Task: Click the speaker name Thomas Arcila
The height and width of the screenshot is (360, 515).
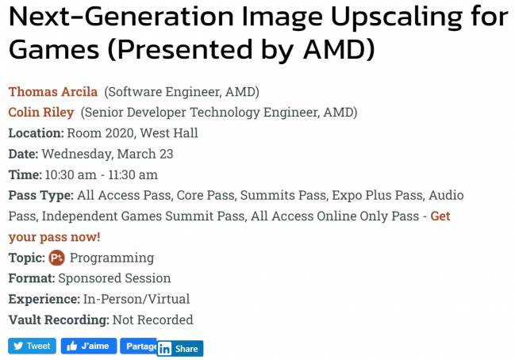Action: pos(53,92)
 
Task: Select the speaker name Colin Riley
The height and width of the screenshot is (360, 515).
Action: pos(41,113)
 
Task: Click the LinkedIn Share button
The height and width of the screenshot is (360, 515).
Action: pos(179,349)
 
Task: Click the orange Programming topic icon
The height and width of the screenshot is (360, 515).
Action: pos(56,258)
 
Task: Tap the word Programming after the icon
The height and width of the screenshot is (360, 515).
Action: pos(112,258)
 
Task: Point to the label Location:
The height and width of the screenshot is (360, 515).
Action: pos(36,133)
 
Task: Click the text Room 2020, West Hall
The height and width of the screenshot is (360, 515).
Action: pos(133,133)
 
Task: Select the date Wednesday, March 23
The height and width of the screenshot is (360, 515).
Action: pos(107,154)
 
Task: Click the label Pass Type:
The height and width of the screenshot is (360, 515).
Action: pos(41,195)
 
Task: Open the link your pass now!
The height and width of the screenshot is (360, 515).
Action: pos(55,236)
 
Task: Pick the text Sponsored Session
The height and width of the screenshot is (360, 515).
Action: pos(114,278)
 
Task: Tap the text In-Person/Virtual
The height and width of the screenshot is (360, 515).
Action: pos(136,299)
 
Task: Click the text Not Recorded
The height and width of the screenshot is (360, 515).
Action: pos(153,320)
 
